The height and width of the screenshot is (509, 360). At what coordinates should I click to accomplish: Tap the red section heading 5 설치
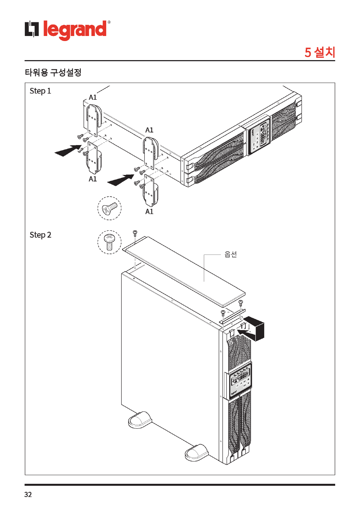point(320,52)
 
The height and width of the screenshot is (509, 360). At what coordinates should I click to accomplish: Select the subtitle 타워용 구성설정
point(53,72)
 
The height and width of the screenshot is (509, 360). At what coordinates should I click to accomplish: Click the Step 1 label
point(40,91)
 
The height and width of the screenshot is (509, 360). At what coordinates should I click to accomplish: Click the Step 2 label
point(40,235)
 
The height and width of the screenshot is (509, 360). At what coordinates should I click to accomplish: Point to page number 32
point(28,495)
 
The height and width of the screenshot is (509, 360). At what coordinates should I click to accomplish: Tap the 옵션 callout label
point(230,254)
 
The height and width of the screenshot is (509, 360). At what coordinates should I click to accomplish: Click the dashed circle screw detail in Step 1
point(109,208)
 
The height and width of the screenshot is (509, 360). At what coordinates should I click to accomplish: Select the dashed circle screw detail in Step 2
point(109,242)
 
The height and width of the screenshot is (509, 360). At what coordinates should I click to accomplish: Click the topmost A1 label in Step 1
point(93,97)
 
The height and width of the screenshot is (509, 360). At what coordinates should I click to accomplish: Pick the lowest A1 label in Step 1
point(149,212)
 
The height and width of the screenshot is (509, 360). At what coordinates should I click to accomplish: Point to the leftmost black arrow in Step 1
point(67,150)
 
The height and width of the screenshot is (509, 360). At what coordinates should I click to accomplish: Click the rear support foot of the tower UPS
point(140,420)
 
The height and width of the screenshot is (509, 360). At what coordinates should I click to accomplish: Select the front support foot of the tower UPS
point(197,452)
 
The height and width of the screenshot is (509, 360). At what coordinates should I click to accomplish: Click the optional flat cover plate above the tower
point(184,270)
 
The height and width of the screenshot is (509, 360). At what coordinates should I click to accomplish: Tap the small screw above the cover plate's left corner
point(135,233)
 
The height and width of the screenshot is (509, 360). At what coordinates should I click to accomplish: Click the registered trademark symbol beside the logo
point(109,22)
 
